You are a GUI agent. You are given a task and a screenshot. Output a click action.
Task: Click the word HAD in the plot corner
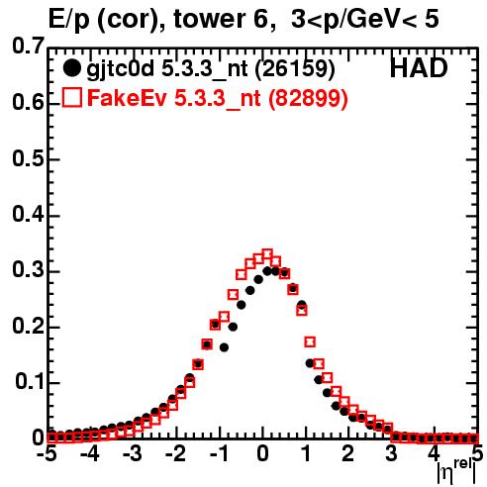[x=419, y=68]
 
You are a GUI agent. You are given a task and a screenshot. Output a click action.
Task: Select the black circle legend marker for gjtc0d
[x=71, y=68]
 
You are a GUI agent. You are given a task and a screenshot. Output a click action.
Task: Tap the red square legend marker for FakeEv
[x=71, y=97]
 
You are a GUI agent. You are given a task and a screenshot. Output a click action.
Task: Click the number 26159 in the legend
[x=295, y=68]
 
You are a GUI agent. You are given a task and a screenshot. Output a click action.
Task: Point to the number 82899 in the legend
[x=308, y=98]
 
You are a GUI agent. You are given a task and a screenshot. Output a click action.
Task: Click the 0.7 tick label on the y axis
[x=28, y=46]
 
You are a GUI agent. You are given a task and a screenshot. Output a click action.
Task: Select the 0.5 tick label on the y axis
[x=28, y=159]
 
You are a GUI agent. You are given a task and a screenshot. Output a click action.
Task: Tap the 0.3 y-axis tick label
[x=28, y=270]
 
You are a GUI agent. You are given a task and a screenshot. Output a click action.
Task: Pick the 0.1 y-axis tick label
[x=30, y=382]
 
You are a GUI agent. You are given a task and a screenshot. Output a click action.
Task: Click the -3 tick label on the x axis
[x=133, y=453]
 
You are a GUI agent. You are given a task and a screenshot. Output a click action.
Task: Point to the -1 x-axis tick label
[x=219, y=453]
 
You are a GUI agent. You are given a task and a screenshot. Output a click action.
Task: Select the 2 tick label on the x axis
[x=348, y=453]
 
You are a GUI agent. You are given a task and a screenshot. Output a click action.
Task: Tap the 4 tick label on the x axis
[x=435, y=453]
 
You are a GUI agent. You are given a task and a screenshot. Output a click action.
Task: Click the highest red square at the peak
[x=267, y=255]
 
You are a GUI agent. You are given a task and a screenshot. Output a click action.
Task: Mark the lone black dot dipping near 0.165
[x=225, y=347]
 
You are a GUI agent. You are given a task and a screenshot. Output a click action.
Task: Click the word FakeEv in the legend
[x=128, y=98]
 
